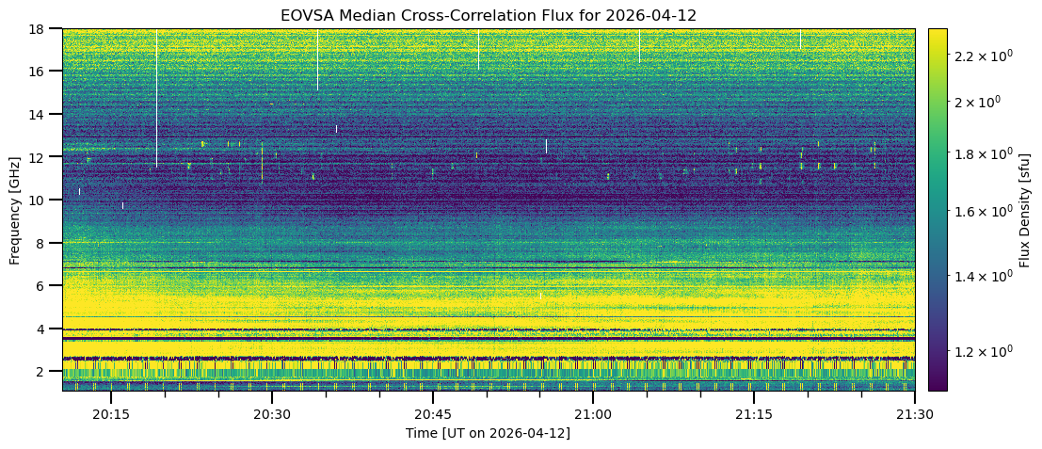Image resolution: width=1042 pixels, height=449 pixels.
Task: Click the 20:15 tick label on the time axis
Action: [111, 413]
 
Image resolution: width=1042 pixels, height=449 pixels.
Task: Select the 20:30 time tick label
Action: [272, 413]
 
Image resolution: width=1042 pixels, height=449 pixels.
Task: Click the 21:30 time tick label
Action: [914, 413]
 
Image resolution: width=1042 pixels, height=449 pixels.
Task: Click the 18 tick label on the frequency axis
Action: [42, 28]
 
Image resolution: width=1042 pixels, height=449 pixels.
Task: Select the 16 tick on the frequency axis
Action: [42, 72]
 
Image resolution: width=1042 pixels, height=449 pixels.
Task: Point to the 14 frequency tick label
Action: [42, 114]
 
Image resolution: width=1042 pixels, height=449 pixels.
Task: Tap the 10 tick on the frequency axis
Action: [42, 200]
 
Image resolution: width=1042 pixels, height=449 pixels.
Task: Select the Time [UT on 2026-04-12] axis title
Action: [488, 433]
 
